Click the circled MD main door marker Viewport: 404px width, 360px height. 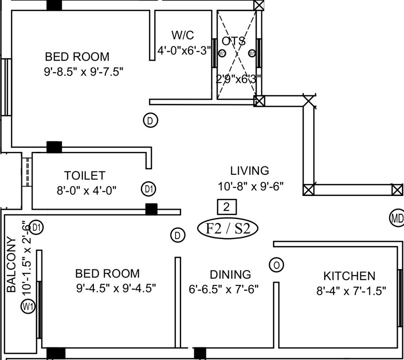396,217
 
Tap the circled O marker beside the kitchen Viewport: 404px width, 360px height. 276,265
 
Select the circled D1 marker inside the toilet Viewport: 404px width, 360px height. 149,189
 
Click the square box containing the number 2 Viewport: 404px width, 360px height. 227,206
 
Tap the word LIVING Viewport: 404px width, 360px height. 249,171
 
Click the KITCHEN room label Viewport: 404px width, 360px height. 349,276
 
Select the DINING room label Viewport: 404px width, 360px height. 230,274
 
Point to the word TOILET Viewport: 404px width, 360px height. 85,176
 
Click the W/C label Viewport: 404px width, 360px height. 183,35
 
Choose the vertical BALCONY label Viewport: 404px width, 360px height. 12,264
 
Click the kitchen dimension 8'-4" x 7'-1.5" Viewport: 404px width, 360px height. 351,291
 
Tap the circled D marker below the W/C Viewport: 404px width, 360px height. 150,120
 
